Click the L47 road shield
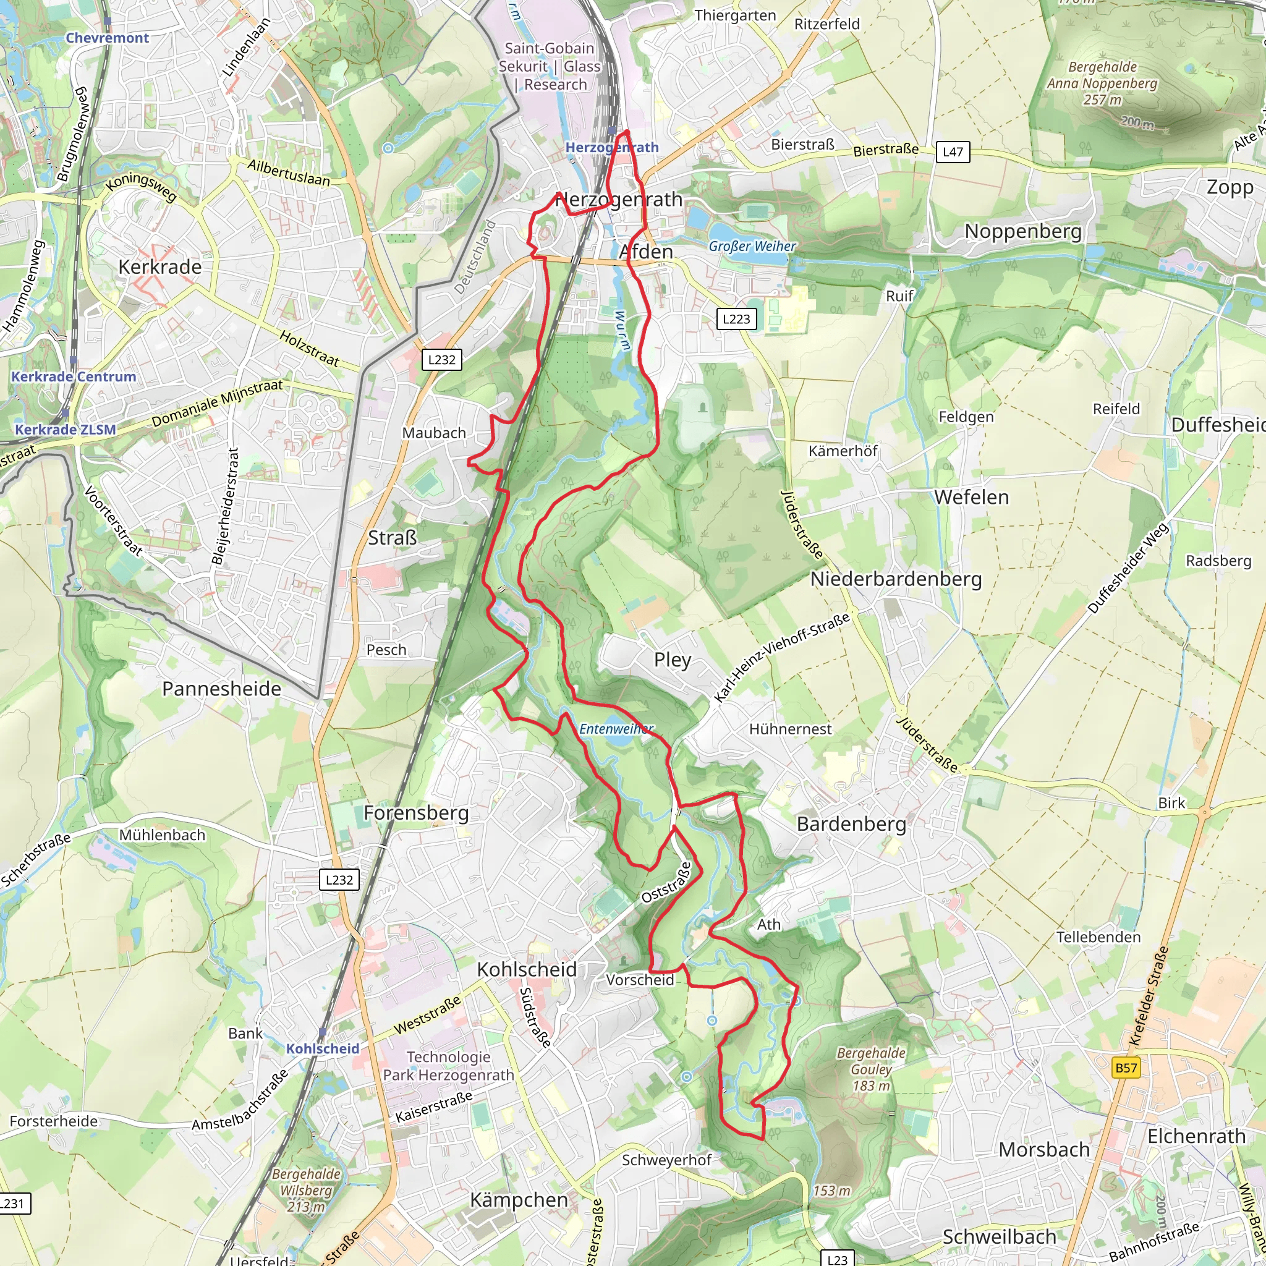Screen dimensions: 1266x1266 (x=952, y=152)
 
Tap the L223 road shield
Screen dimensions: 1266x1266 (x=736, y=319)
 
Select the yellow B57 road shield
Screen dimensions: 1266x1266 (x=1126, y=1068)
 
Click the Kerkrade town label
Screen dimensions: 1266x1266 (x=160, y=266)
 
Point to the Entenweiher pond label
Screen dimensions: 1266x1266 (x=616, y=729)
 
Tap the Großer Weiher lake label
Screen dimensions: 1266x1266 (x=752, y=247)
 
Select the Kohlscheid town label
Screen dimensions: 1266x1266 (x=527, y=969)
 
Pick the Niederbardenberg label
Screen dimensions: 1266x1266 (x=896, y=579)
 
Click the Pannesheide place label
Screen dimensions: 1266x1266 (x=221, y=689)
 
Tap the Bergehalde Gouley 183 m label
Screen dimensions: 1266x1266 (x=871, y=1069)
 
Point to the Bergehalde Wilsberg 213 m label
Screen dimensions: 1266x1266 (x=306, y=1190)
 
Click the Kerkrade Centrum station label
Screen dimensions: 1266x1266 (x=74, y=377)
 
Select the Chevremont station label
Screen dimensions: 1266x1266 (x=108, y=38)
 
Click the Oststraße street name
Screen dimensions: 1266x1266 (x=666, y=883)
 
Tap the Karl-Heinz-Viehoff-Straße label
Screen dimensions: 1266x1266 (x=781, y=657)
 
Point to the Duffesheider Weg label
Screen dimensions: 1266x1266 (x=1128, y=568)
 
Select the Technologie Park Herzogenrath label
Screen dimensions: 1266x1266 (x=448, y=1066)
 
